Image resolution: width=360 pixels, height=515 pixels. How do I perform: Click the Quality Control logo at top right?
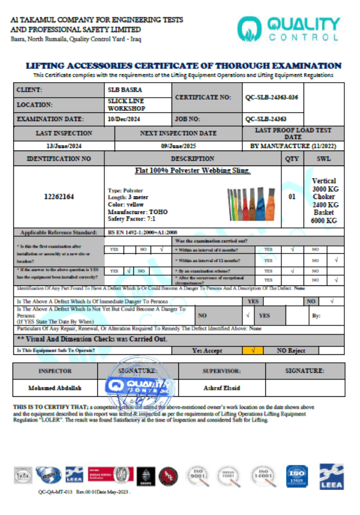pyautogui.click(x=288, y=28)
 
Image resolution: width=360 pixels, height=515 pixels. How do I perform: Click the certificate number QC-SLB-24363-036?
pyautogui.click(x=272, y=97)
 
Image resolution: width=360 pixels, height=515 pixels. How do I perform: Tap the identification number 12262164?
pyautogui.click(x=58, y=196)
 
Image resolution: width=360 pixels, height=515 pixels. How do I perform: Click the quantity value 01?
pyautogui.click(x=292, y=196)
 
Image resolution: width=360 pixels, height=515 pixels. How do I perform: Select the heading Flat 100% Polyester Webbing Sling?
pyautogui.click(x=193, y=171)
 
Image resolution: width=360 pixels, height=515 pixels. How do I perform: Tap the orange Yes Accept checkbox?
pyautogui.click(x=253, y=351)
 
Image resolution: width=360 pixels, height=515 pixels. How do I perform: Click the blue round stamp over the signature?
pyautogui.click(x=139, y=384)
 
